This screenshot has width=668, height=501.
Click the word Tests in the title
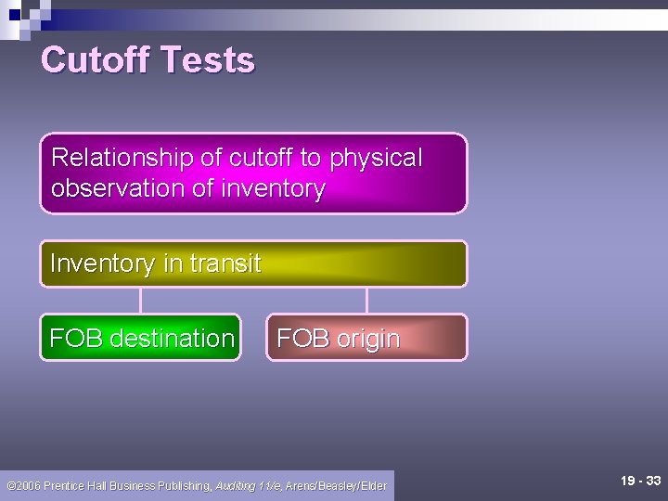pos(207,60)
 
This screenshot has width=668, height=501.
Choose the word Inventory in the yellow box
pos(103,263)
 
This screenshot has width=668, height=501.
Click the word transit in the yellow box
pos(225,263)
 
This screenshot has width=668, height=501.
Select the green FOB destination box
pos(140,338)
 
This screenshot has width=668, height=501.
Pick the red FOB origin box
pos(366,338)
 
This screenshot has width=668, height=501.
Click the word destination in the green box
pos(172,339)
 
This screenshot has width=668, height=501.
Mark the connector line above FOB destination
pos(140,300)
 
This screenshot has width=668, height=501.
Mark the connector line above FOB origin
pos(366,300)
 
